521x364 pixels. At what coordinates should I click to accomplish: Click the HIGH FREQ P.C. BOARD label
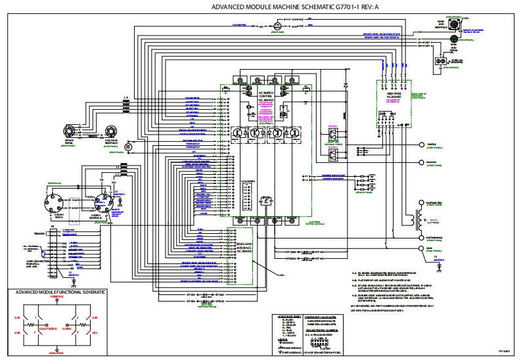tap(395, 96)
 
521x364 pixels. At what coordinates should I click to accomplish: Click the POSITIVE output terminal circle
tap(420, 144)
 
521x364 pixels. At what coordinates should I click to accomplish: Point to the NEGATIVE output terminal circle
tap(420, 161)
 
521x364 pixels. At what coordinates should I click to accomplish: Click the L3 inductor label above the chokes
tap(125, 97)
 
